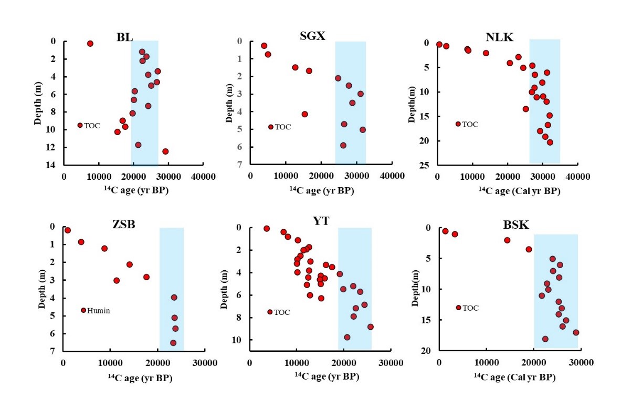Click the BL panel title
coord(124,37)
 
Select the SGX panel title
coord(313,36)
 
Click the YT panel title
coord(321,221)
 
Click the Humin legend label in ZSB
coord(99,311)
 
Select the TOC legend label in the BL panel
coord(92,126)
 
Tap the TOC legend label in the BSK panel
coord(470,308)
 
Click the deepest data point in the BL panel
coord(165,151)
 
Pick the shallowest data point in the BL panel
coord(90,44)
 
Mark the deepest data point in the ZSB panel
coord(173,343)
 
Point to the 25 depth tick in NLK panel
coord(427,165)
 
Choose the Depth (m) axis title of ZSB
coord(40,289)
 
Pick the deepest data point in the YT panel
coord(347,337)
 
